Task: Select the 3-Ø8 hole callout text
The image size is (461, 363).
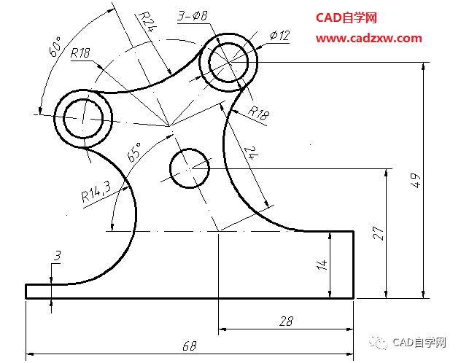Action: point(194,14)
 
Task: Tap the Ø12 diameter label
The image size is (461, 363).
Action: point(279,35)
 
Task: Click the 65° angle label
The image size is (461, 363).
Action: point(135,152)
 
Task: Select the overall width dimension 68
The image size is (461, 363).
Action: point(189,346)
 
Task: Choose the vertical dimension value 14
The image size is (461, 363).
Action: point(322,265)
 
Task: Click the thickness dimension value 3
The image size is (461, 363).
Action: point(56,255)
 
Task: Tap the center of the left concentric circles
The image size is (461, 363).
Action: point(84,115)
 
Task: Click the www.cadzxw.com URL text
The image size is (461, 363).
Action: point(368,38)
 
